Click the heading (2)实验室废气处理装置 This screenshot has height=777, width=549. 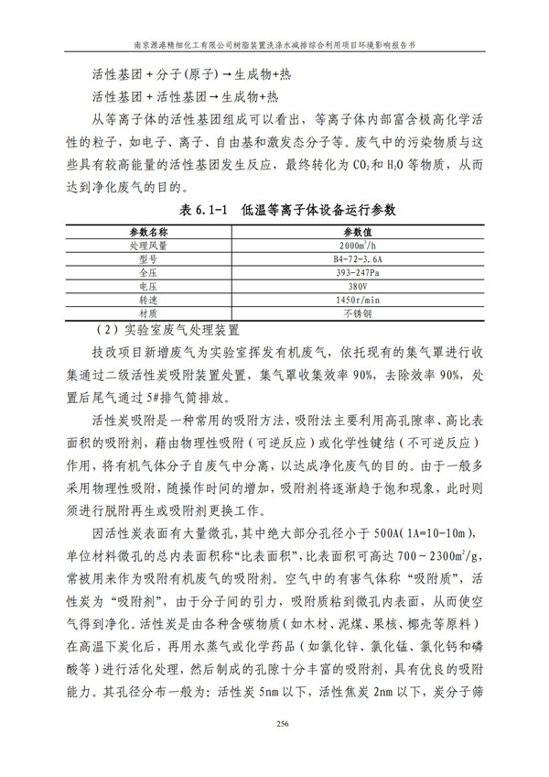click(171, 330)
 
